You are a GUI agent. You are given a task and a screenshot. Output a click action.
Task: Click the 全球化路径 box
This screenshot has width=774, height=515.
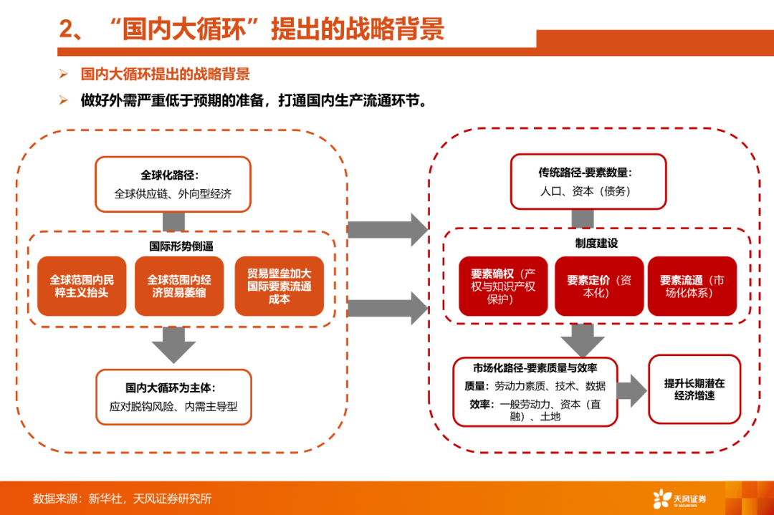173,185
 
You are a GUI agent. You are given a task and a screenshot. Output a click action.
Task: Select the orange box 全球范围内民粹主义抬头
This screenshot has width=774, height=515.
82,286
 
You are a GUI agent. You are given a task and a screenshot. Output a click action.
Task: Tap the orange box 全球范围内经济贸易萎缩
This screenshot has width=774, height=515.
179,286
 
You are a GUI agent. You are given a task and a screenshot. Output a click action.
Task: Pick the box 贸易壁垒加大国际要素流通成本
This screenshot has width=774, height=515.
279,286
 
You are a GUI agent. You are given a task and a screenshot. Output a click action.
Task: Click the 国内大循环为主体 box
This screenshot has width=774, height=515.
173,397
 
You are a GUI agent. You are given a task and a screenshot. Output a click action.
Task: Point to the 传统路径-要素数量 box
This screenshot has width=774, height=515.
588,181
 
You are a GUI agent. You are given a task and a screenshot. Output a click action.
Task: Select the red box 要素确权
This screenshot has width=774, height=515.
503,286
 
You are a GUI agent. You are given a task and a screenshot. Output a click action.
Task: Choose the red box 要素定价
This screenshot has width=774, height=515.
599,286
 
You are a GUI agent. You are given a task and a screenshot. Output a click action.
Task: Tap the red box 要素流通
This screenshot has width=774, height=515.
692,286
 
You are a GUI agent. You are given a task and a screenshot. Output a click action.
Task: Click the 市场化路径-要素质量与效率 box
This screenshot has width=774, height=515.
535,393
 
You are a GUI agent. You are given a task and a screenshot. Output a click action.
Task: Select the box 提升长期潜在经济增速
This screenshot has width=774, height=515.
694,389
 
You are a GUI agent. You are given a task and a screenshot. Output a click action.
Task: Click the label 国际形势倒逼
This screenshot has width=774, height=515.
181,246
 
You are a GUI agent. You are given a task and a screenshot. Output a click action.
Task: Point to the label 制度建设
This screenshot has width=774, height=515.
596,244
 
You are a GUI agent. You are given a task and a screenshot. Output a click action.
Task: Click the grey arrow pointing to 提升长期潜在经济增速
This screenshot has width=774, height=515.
632,390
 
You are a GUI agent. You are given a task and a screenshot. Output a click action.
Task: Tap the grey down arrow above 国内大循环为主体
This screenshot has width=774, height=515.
173,345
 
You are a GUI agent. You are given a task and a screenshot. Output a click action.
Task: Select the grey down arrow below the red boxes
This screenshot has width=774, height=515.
583,340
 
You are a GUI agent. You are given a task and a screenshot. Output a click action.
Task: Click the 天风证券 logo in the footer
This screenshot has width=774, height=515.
679,499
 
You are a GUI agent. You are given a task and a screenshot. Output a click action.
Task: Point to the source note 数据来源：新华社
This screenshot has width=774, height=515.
77,499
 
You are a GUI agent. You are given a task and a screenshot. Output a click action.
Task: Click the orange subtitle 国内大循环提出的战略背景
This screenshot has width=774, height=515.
166,74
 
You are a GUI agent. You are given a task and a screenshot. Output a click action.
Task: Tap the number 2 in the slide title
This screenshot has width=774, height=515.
67,29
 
